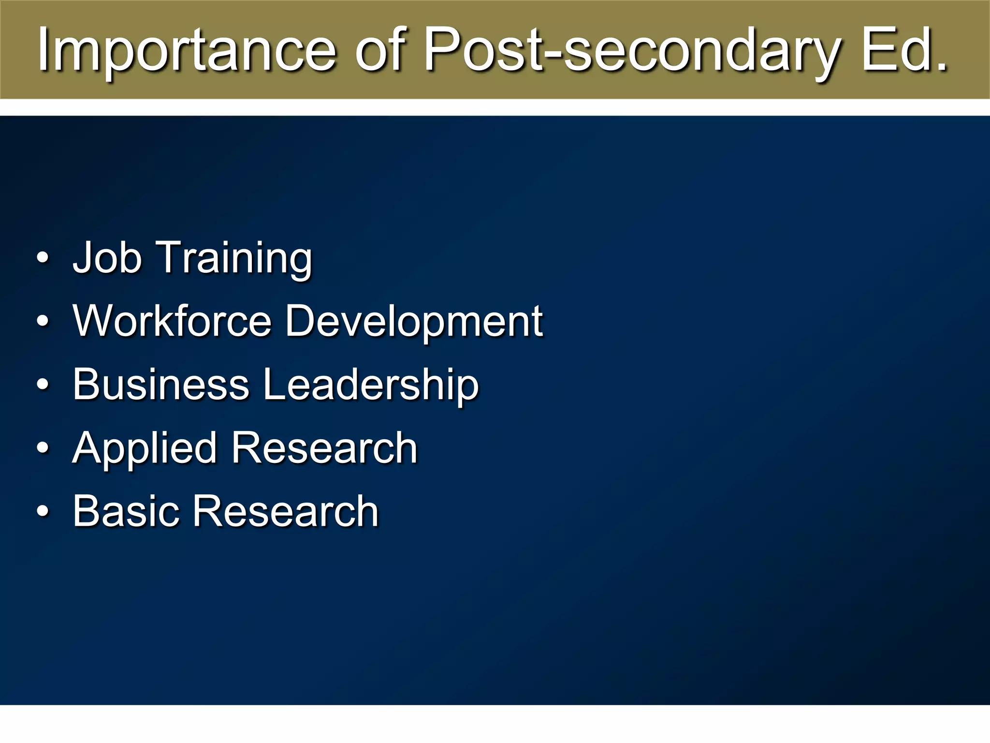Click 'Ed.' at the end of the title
904,49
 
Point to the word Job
107,257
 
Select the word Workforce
172,321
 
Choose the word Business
161,384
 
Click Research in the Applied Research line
324,448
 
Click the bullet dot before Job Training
43,258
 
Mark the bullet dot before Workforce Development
43,322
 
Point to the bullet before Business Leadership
43,385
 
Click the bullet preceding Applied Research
43,448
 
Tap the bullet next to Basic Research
43,512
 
